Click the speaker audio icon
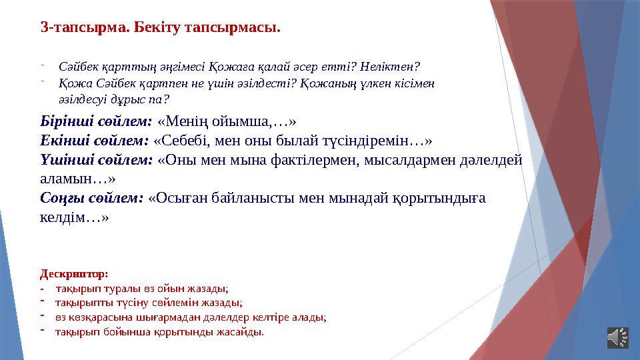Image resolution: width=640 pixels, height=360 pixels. coord(617,337)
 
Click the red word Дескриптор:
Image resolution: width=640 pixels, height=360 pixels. coord(73,273)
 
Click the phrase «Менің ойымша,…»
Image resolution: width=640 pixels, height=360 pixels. coord(227,123)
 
